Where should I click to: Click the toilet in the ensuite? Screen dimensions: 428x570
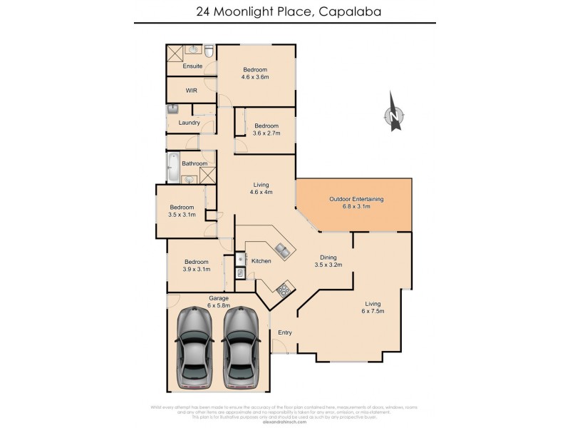coord(209,52)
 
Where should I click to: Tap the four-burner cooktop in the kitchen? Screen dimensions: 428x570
coord(283,289)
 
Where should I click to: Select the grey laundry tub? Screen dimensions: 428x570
coord(172,110)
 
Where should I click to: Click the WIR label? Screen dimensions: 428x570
coord(191,91)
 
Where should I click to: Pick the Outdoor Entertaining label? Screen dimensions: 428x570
coord(356,199)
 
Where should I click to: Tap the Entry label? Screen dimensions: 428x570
coord(285,332)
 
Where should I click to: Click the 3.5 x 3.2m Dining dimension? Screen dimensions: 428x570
coord(328,265)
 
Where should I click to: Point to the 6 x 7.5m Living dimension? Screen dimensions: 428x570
coord(373,310)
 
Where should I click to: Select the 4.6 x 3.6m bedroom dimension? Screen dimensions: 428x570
coord(255,77)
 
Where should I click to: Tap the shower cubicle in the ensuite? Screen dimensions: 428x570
coord(175,53)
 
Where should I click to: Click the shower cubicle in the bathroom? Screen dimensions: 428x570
coord(207,175)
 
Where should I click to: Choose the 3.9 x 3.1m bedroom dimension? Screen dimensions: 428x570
coord(196,269)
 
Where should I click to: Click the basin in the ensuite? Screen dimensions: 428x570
coord(193,50)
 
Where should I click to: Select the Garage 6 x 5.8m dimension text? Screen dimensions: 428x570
coord(218,305)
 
